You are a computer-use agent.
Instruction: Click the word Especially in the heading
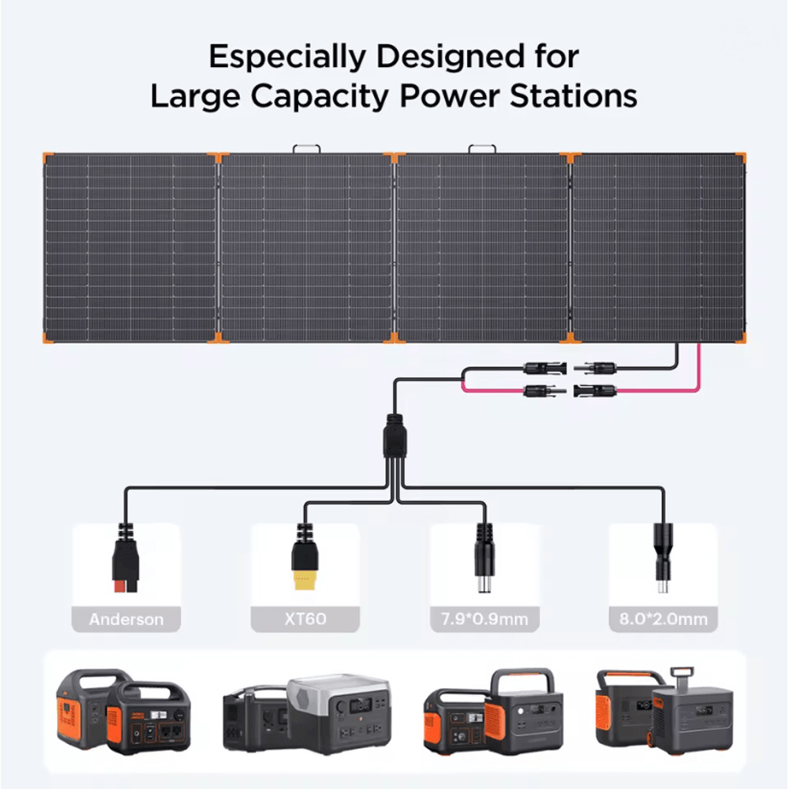pos(288,56)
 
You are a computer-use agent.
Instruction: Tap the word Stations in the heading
pos(574,95)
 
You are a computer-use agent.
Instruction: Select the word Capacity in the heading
pos(320,96)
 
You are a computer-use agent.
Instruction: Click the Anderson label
pos(126,619)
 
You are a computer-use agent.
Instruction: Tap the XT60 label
pos(305,619)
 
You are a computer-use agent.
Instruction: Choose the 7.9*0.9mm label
pos(484,619)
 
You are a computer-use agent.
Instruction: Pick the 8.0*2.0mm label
pos(664,619)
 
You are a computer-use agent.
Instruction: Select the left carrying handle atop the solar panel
pos(306,149)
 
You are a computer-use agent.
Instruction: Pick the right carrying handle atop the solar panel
pos(482,149)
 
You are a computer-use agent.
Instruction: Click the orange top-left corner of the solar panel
pos(48,158)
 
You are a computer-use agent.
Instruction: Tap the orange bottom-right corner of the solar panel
pos(740,338)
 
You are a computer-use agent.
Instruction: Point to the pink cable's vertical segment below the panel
pos(698,365)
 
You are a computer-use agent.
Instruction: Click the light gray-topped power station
pos(339,711)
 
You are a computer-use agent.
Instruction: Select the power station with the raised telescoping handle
pos(693,711)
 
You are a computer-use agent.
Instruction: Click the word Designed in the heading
pos(451,56)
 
